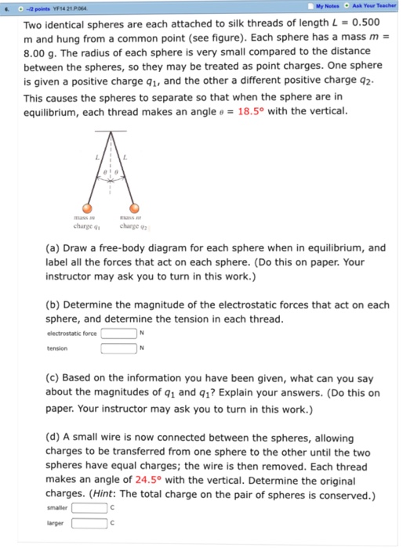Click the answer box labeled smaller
point(90,507)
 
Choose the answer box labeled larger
point(90,522)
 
